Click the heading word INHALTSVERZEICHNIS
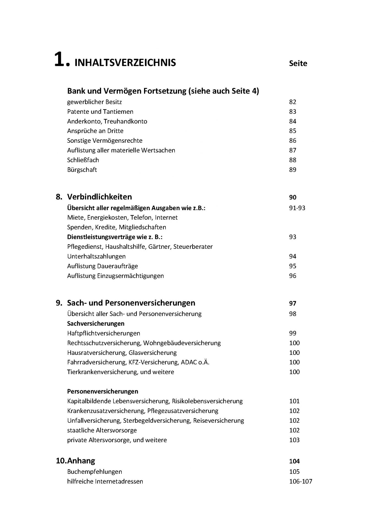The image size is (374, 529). [125, 63]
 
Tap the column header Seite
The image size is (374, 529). [298, 63]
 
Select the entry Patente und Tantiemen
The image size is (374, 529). [100, 112]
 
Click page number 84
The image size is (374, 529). [292, 121]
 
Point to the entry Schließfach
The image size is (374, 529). [83, 160]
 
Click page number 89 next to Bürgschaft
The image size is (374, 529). [292, 170]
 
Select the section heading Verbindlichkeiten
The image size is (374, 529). [99, 197]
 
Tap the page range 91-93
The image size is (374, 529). [297, 208]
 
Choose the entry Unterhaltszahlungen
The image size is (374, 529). [96, 256]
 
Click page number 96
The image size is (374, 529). [292, 276]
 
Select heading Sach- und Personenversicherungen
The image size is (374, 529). [131, 303]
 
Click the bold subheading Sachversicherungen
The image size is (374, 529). [96, 323]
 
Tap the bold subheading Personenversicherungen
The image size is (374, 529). [102, 391]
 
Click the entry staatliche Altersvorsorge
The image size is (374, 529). [102, 430]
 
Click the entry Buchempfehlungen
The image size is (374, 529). [94, 472]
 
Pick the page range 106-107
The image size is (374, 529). [300, 482]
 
